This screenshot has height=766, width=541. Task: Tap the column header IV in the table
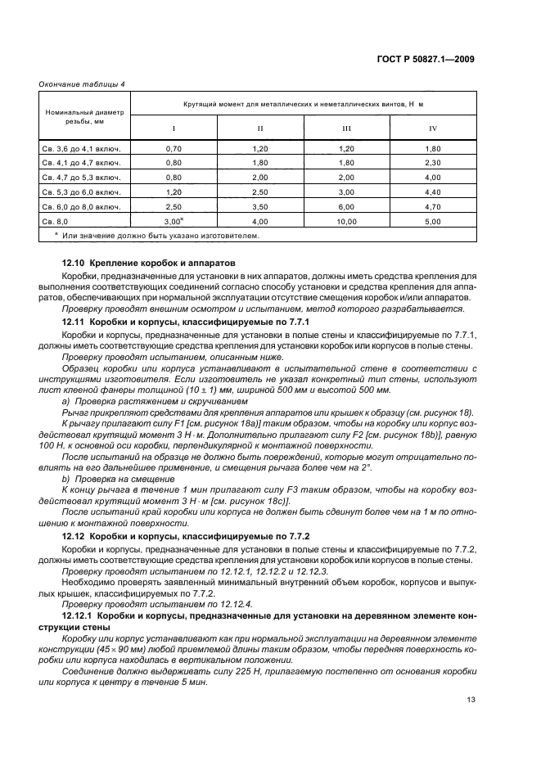click(x=433, y=129)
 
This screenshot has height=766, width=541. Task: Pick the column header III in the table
click(x=346, y=129)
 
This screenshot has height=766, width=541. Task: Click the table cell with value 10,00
click(x=346, y=221)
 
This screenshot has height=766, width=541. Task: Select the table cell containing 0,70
click(x=173, y=149)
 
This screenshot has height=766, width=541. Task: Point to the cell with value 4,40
click(x=433, y=191)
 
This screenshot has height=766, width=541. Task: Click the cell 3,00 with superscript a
click(x=173, y=221)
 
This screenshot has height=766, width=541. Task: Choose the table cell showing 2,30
click(x=433, y=163)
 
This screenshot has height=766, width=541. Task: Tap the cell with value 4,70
click(x=433, y=206)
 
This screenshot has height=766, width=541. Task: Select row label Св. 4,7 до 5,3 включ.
click(x=81, y=178)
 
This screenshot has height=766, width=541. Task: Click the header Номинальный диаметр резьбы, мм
click(x=85, y=115)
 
